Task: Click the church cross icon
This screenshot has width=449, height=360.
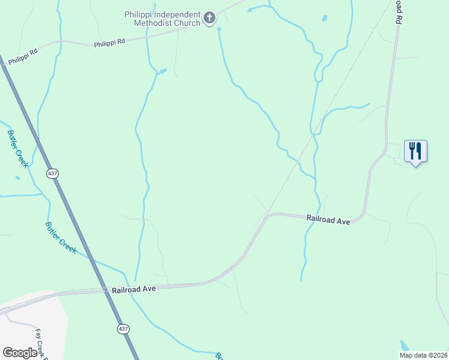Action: [209, 18]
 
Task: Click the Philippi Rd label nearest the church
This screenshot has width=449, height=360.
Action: [109, 43]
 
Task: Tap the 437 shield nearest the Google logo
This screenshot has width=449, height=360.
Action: [122, 329]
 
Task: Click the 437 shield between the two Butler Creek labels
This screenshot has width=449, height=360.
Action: [53, 173]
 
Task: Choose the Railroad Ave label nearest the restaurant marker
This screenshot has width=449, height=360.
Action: [328, 220]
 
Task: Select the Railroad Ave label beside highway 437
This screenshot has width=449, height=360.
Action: [134, 289]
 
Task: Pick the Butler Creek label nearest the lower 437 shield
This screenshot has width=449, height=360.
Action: [61, 238]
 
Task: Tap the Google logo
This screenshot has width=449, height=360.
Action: [20, 353]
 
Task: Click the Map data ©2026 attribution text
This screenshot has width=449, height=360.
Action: [423, 355]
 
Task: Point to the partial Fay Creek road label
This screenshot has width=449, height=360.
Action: [41, 343]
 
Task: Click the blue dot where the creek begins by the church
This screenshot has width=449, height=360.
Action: [218, 29]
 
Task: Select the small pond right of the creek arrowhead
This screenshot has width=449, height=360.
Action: [325, 19]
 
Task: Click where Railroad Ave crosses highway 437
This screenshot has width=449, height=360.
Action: [107, 291]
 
